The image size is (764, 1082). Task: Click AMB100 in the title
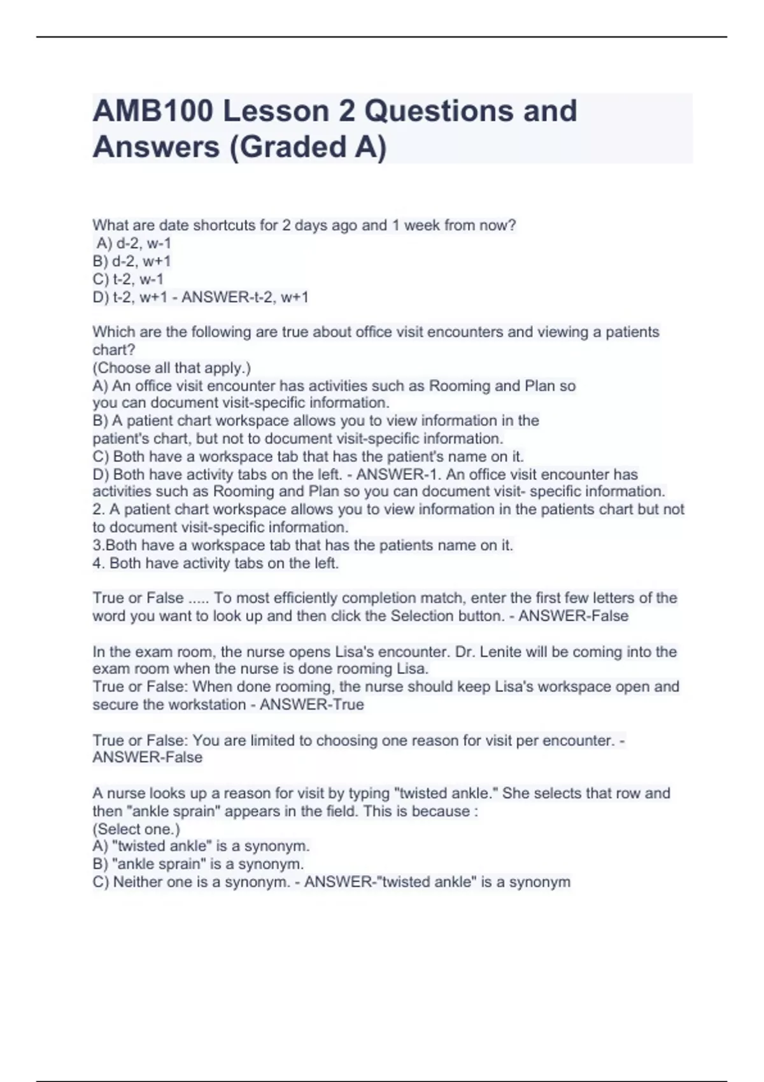(x=152, y=111)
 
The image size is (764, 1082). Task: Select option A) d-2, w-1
(x=134, y=243)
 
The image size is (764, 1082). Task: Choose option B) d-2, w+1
(x=132, y=261)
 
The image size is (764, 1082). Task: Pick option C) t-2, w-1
(x=128, y=279)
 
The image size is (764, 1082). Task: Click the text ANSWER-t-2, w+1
(x=245, y=297)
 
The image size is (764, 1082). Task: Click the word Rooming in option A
(x=460, y=386)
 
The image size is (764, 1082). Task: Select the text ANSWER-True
(x=312, y=705)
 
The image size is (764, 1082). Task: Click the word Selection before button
(x=423, y=616)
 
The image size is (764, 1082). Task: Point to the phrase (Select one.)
(x=136, y=829)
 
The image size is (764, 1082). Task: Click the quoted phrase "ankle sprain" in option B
(x=159, y=864)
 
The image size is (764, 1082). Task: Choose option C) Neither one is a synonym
(x=191, y=882)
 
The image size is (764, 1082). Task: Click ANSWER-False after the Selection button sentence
(x=573, y=616)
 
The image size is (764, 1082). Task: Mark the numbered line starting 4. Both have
(x=216, y=563)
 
